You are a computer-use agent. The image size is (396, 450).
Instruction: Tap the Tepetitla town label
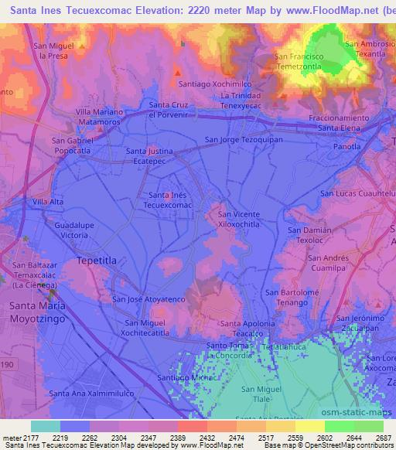(x=97, y=261)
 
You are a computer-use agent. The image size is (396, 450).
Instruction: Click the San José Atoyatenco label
(x=148, y=298)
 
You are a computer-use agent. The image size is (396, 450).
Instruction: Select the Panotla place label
(x=346, y=146)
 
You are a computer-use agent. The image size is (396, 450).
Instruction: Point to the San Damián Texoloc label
(x=309, y=235)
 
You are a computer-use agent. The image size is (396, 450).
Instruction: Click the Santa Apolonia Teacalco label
(x=248, y=327)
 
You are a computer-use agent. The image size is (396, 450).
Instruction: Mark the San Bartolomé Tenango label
(x=292, y=297)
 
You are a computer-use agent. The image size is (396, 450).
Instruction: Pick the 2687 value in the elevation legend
(x=384, y=438)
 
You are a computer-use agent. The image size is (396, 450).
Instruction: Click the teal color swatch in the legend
(x=45, y=426)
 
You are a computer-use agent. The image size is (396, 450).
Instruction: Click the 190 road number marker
(x=6, y=363)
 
